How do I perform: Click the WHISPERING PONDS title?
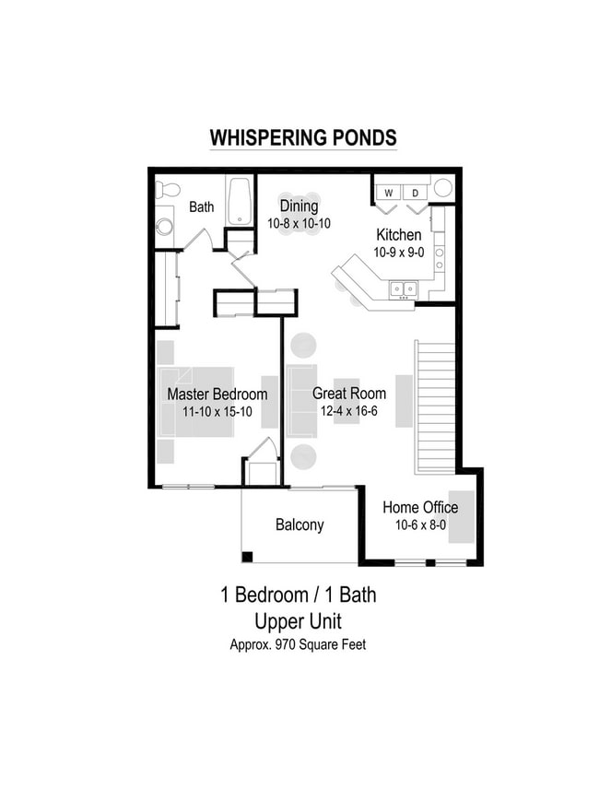click(303, 138)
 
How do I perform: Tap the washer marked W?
click(388, 193)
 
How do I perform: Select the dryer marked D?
click(415, 193)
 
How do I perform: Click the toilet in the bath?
click(167, 190)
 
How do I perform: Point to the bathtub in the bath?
click(241, 201)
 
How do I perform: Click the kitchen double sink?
click(402, 289)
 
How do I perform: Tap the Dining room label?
click(299, 206)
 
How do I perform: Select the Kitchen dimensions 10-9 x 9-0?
click(398, 252)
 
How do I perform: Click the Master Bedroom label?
click(217, 394)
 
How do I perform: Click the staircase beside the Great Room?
click(435, 406)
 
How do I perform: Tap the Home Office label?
click(420, 508)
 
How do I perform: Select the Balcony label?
click(299, 525)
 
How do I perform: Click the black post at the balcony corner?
click(247, 556)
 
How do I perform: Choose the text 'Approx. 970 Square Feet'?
click(298, 645)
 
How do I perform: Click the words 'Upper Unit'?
click(298, 621)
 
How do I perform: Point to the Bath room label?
click(202, 207)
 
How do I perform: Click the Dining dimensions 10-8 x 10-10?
click(299, 224)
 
